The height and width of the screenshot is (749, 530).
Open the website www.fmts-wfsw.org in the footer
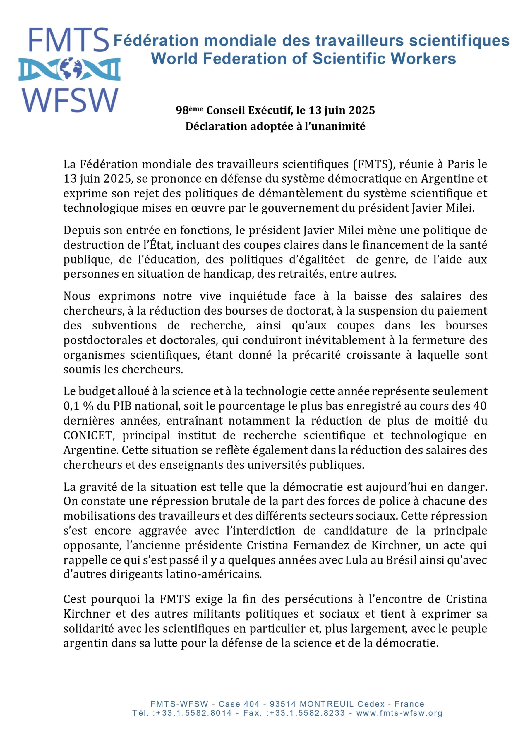399,713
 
